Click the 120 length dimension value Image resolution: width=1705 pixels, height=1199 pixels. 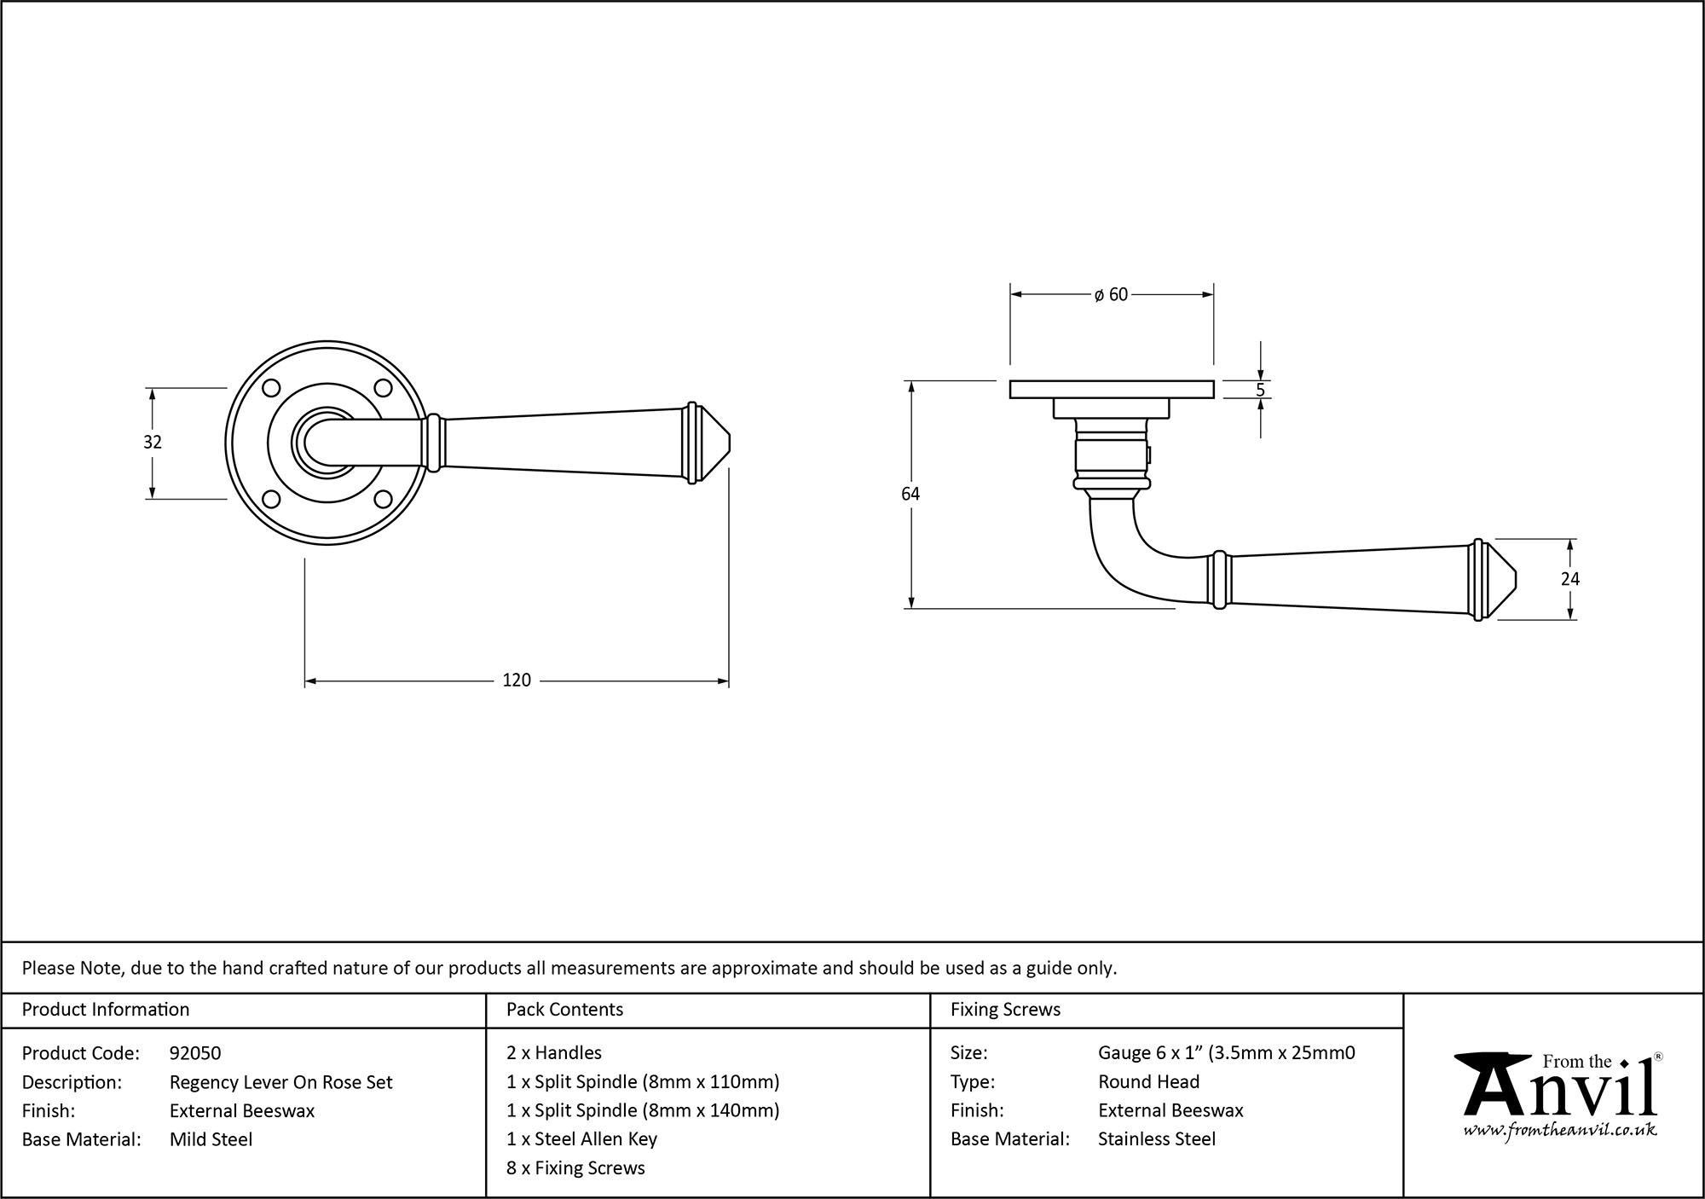(517, 681)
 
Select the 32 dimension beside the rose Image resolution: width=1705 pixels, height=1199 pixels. (153, 442)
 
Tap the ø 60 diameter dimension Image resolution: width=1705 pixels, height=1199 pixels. (1111, 294)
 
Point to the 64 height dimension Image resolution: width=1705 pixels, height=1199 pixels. (910, 494)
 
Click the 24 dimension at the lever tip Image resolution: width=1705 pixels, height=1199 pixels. (1569, 579)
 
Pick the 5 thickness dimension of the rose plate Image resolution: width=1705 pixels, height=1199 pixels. (1260, 391)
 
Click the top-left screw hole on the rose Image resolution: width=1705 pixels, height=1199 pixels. (271, 388)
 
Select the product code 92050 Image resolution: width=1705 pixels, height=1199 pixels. (195, 1053)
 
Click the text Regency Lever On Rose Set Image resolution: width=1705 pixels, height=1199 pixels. (280, 1082)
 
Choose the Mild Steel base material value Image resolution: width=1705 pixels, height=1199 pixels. (211, 1139)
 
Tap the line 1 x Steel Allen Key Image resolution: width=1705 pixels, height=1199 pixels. (581, 1139)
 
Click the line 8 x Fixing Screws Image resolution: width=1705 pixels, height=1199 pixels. (575, 1168)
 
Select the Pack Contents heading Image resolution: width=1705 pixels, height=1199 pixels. (564, 1010)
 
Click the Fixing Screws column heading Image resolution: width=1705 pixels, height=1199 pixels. (1005, 1010)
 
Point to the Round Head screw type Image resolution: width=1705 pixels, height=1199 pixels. (1148, 1082)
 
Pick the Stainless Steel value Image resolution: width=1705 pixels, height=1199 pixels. (1156, 1139)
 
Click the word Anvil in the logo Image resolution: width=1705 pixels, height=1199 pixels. (1560, 1092)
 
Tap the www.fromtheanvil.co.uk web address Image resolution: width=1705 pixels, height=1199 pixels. (1560, 1131)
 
